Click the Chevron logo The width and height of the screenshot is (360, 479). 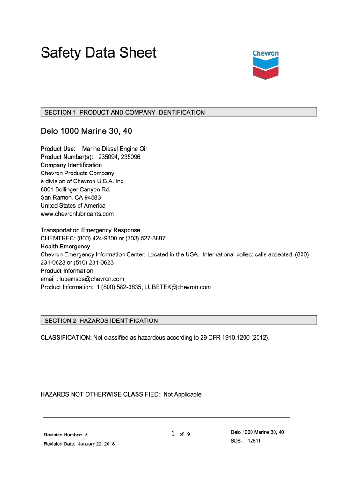[266, 65]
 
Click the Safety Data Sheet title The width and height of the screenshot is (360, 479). [98, 52]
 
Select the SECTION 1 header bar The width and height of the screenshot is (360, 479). [179, 112]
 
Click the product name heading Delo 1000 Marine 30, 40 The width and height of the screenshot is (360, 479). [89, 131]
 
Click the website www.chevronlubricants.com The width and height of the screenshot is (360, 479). [77, 214]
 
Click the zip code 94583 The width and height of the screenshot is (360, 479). [93, 197]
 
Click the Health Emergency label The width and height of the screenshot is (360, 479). [65, 246]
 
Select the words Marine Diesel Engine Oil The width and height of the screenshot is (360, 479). [115, 149]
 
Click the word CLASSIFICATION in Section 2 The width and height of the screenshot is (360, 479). [65, 337]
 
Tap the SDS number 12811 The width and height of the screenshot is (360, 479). [254, 441]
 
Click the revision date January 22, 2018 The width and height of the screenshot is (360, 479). [96, 444]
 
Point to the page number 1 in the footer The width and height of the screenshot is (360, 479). [173, 434]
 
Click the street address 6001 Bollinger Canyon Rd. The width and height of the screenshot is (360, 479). [76, 189]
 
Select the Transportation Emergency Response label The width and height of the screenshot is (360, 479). [90, 230]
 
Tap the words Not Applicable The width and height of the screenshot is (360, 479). [182, 394]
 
